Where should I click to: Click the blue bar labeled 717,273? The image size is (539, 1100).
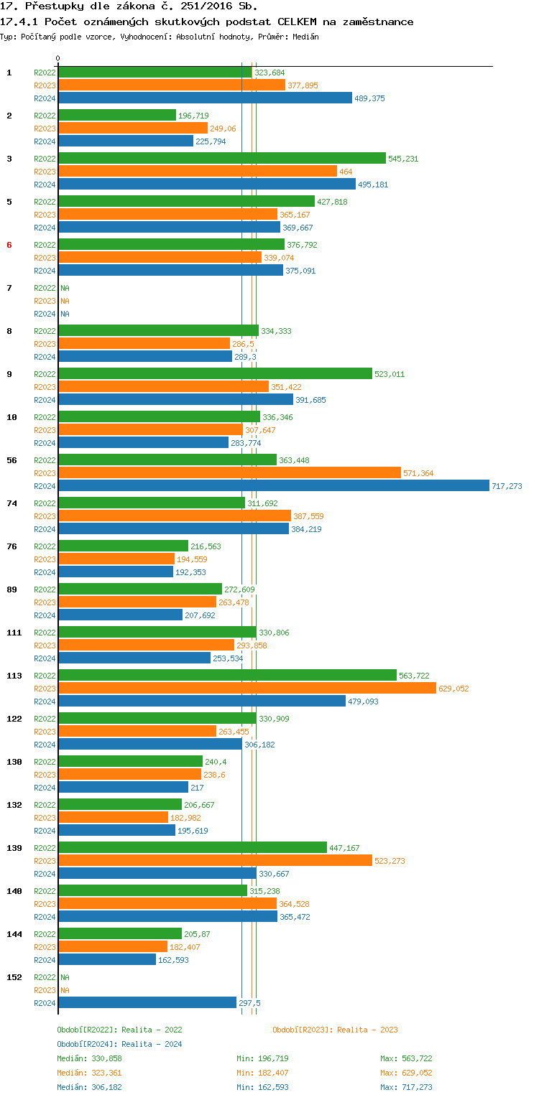273,486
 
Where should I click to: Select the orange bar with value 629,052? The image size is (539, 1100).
247,688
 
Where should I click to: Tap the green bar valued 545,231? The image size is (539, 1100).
221,158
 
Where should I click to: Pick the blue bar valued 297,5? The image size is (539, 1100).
147,1002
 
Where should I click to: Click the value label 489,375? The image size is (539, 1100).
369,98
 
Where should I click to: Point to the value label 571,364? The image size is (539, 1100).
418,473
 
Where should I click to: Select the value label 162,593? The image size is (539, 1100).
173,960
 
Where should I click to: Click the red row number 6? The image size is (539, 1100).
9,245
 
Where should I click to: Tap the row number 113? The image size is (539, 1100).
14,676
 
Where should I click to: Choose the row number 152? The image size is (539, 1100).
14,977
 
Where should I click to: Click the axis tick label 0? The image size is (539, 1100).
58,58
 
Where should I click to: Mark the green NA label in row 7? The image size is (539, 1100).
65,288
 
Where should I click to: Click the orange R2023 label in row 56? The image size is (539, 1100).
45,473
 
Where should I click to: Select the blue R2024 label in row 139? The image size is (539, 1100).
45,874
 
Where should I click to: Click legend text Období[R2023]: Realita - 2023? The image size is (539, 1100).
335,1030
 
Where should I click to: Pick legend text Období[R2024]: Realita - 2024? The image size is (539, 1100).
119,1044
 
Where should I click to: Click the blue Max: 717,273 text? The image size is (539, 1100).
406,1087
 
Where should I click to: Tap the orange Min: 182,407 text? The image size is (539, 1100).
262,1073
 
